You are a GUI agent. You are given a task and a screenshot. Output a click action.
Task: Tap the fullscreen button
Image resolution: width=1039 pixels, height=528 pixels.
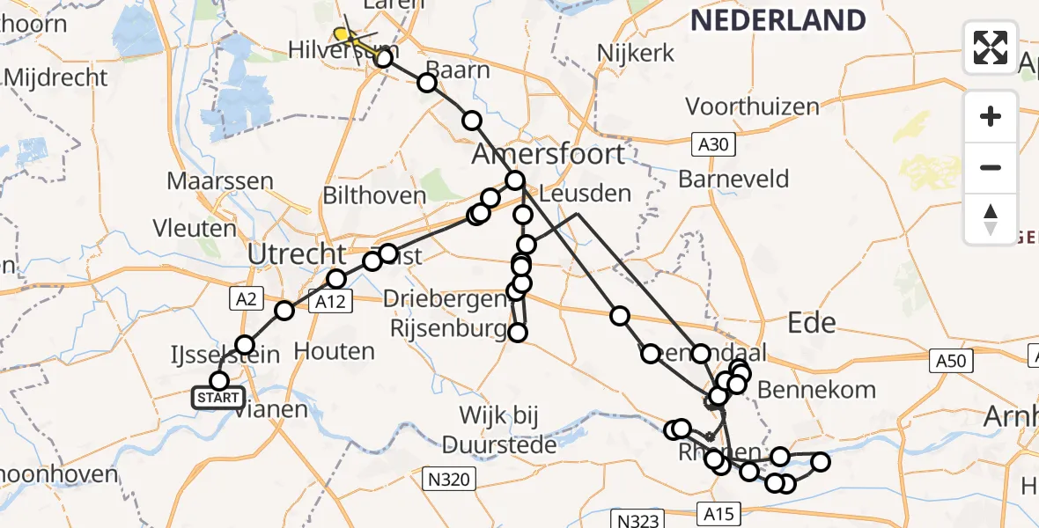tap(991, 48)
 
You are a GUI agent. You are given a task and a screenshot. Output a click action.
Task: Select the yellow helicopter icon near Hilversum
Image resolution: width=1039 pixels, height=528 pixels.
tap(345, 36)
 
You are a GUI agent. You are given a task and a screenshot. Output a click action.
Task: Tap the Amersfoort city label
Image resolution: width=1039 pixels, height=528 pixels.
tap(549, 154)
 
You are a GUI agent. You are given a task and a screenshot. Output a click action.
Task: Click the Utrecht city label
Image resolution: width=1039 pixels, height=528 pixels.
tap(298, 255)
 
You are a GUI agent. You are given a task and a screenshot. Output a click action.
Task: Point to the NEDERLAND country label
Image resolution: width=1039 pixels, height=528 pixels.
tap(778, 19)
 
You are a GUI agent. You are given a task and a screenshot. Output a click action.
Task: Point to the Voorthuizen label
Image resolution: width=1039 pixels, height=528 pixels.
tap(752, 106)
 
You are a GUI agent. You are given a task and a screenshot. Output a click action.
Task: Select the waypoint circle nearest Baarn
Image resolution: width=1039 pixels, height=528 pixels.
tap(427, 83)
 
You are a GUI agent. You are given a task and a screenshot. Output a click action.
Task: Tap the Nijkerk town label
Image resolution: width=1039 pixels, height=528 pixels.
tap(636, 53)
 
